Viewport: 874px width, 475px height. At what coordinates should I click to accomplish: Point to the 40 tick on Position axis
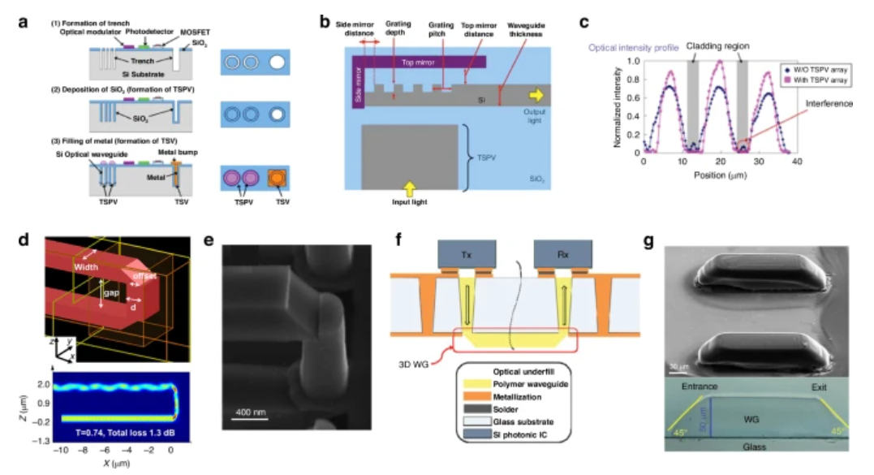pyautogui.click(x=798, y=162)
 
